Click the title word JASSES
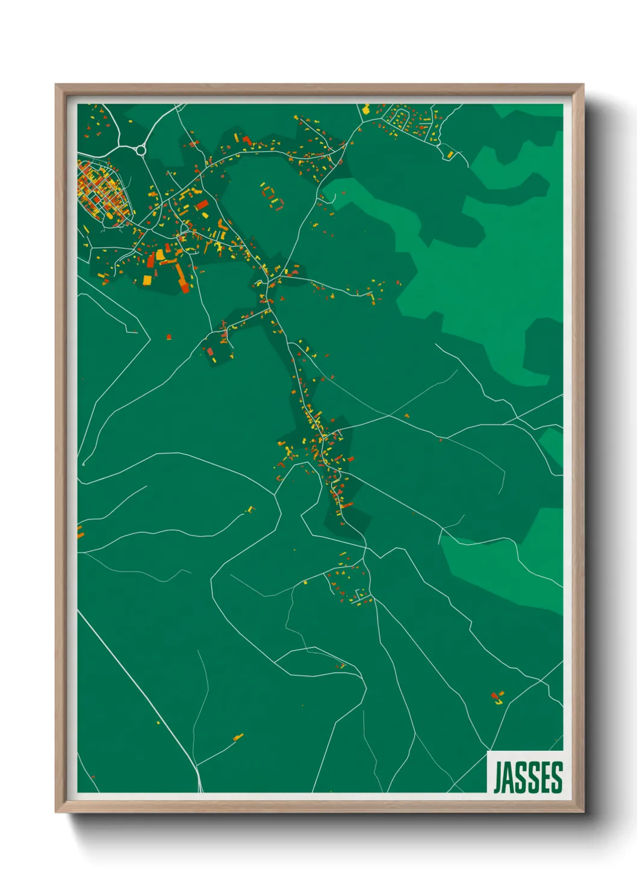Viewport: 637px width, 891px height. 528,777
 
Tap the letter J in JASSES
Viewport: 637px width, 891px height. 499,777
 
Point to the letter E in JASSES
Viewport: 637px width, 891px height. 544,777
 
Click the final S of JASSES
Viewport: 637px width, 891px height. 556,777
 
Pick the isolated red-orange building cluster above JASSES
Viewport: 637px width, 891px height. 497,697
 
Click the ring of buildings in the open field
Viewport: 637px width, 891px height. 272,196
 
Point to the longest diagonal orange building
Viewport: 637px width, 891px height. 181,276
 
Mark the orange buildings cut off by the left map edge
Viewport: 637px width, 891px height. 79,532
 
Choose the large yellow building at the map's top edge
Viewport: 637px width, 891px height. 365,110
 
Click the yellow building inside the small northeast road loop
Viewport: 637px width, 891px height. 450,155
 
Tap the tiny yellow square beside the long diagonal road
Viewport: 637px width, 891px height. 158,722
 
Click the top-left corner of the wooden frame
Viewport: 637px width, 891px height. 56,85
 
